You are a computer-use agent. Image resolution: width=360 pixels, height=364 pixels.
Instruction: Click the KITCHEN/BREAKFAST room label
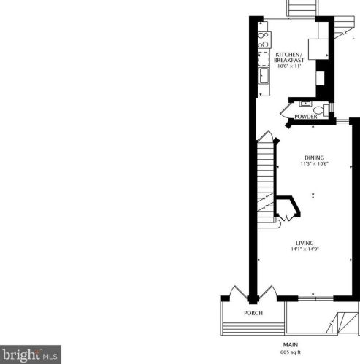tap(289, 57)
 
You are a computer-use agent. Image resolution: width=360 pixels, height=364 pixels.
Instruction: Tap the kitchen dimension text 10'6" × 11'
tap(289, 66)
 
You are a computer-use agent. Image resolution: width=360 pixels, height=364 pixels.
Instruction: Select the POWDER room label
tap(306, 117)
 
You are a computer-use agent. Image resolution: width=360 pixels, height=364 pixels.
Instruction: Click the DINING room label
tap(315, 158)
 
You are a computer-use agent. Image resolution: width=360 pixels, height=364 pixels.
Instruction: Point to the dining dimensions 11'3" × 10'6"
tap(315, 163)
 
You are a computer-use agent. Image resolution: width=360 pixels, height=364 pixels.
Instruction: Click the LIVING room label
tap(305, 243)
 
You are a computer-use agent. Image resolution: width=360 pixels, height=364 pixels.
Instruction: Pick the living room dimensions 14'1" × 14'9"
tap(305, 249)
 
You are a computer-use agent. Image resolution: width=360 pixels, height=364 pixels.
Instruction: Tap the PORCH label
tap(253, 313)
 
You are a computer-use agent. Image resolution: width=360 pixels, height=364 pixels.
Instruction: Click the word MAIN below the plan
tap(291, 345)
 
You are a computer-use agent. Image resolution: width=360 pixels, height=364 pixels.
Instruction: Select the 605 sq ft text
tap(291, 352)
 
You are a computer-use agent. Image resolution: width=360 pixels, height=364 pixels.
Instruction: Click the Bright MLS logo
tap(31, 355)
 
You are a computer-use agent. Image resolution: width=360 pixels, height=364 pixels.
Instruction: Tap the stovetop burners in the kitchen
tap(264, 40)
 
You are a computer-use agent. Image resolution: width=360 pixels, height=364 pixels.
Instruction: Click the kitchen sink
tap(264, 76)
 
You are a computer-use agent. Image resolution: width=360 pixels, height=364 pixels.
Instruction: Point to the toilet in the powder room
tap(321, 110)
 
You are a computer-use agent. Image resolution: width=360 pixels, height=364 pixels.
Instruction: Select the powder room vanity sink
tap(305, 104)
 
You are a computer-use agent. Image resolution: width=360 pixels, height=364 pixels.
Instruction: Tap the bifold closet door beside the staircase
tap(287, 218)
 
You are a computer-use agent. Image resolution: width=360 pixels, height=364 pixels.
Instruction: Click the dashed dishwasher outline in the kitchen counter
tap(264, 58)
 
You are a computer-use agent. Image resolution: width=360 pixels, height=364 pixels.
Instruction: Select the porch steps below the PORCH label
tap(253, 329)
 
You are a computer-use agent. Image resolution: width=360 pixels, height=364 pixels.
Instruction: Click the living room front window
tap(315, 298)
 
